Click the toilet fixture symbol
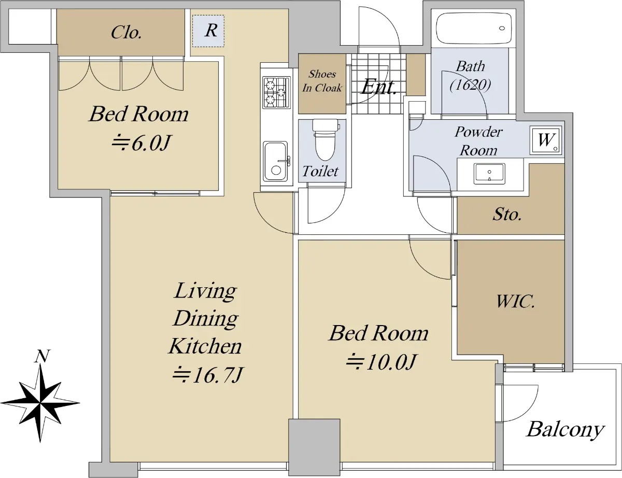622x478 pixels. pyautogui.click(x=326, y=140)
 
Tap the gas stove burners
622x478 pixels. pyautogui.click(x=276, y=92)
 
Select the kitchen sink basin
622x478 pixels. pyautogui.click(x=275, y=161)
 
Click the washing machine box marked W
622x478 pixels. pyautogui.click(x=546, y=140)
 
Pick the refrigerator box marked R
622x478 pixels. pyautogui.click(x=208, y=31)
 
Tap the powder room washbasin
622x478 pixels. pyautogui.click(x=489, y=174)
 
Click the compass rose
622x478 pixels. pyautogui.click(x=40, y=403)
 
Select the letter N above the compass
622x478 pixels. pyautogui.click(x=42, y=356)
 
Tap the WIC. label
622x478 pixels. pyautogui.click(x=515, y=301)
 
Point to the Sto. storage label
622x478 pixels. pyautogui.click(x=507, y=214)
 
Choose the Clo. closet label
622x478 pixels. pyautogui.click(x=126, y=32)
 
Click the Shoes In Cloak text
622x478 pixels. pyautogui.click(x=322, y=81)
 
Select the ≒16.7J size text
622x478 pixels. pyautogui.click(x=208, y=374)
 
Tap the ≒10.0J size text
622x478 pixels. pyautogui.click(x=380, y=362)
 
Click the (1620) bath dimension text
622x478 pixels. pyautogui.click(x=470, y=85)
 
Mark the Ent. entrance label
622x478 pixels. pyautogui.click(x=378, y=87)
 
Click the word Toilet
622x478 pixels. pyautogui.click(x=320, y=171)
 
